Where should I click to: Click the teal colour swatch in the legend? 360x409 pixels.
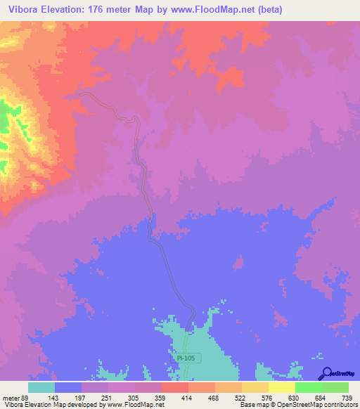pyautogui.click(x=41, y=387)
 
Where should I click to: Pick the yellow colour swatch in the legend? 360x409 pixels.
pyautogui.click(x=282, y=387)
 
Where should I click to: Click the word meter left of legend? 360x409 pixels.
pyautogui.click(x=11, y=397)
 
